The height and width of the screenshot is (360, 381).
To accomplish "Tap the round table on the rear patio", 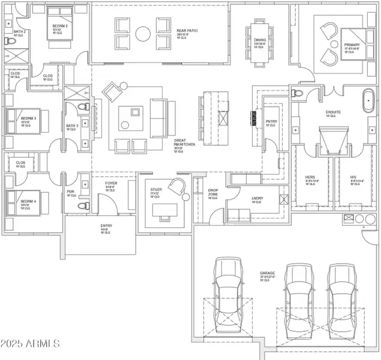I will click(x=143, y=34).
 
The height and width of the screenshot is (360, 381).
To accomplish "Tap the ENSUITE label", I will click(x=333, y=113).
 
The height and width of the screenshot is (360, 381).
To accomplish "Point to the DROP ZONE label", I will click(x=212, y=193).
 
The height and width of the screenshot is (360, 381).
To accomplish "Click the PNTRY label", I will click(x=270, y=122).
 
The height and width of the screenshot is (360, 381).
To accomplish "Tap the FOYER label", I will click(x=112, y=185).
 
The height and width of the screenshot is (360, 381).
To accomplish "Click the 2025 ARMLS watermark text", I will click(x=30, y=344).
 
